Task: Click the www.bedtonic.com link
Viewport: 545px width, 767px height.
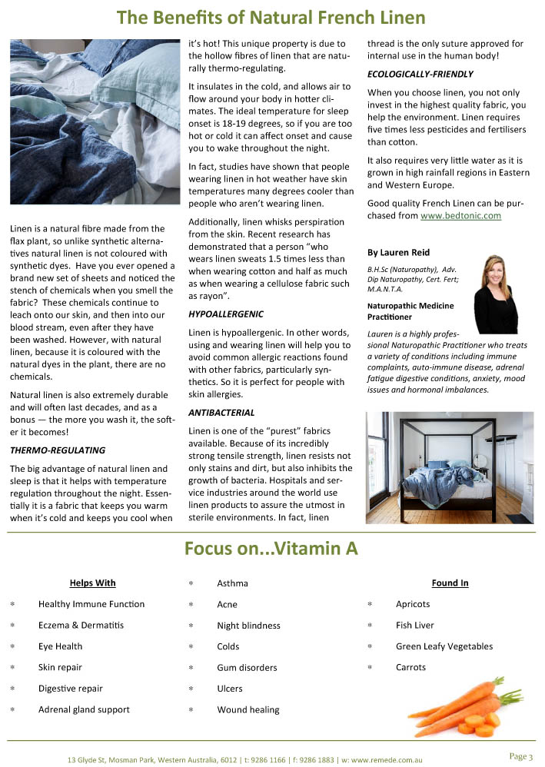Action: (x=460, y=216)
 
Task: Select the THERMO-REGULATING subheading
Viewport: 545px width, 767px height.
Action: (x=58, y=450)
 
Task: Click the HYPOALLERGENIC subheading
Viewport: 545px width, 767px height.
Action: (x=226, y=314)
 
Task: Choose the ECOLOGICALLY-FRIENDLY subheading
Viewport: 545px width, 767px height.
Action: (x=420, y=74)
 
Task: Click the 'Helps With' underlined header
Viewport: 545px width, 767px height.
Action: (x=92, y=583)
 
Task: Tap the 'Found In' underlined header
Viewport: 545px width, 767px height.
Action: (x=450, y=583)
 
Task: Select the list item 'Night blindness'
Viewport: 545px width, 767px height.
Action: (x=248, y=626)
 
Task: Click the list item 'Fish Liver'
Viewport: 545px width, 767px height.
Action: (x=414, y=626)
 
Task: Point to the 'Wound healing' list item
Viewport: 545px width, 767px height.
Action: (x=248, y=709)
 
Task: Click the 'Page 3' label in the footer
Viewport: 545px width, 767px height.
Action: (x=520, y=756)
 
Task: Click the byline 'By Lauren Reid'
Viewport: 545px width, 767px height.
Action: (x=398, y=252)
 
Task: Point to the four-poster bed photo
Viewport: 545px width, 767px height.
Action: (x=449, y=467)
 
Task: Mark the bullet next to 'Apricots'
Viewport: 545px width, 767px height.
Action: (x=371, y=605)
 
